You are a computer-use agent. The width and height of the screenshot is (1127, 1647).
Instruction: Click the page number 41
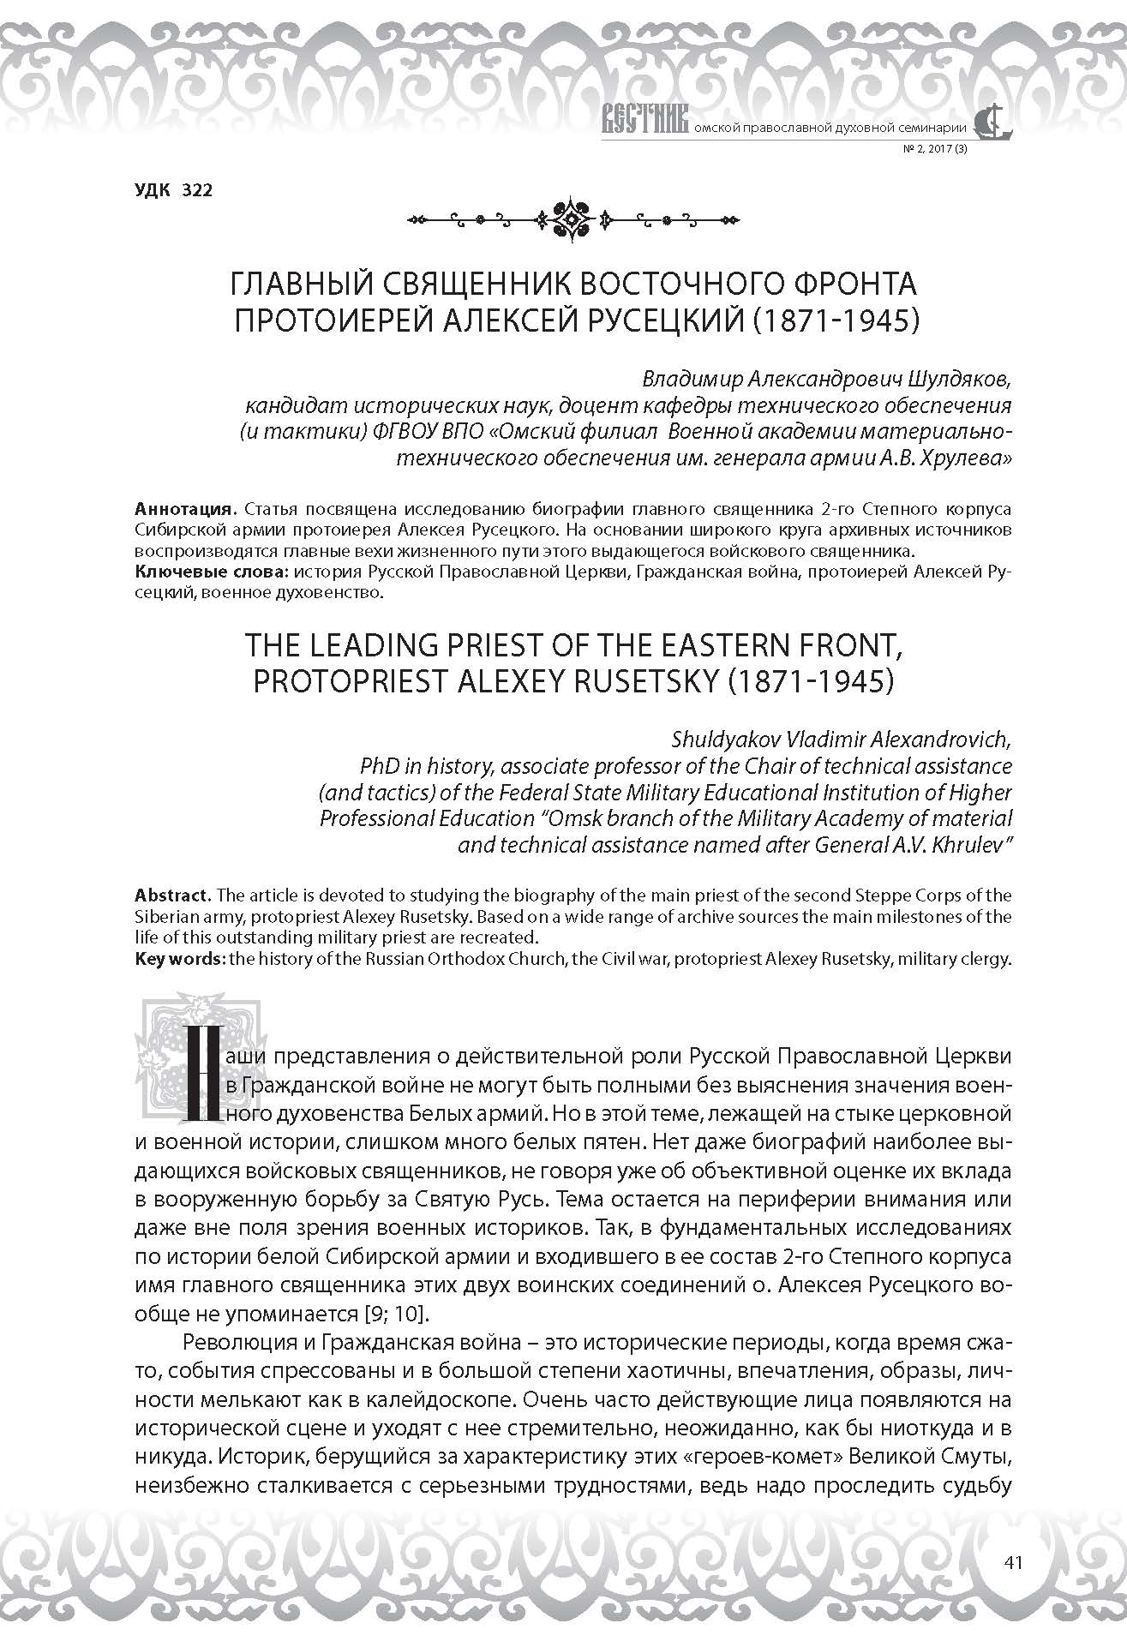(1012, 1562)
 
